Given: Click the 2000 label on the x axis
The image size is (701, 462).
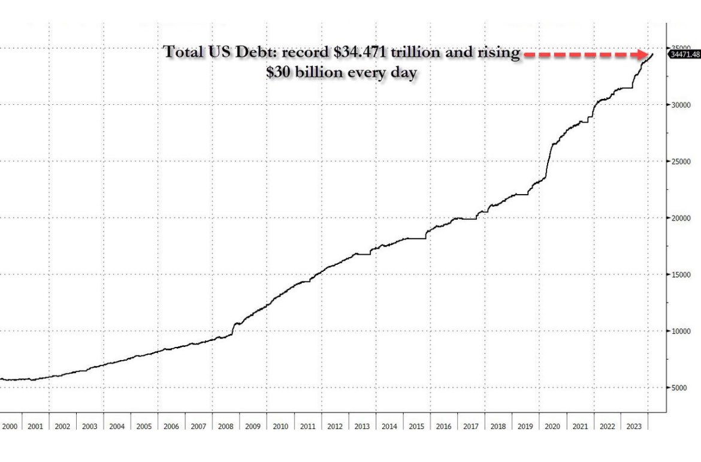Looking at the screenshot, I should [x=10, y=427].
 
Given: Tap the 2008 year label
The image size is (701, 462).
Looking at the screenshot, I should [x=226, y=427].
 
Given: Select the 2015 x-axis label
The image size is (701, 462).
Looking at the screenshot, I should [x=416, y=427].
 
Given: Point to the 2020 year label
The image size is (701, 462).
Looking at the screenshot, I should [x=552, y=427].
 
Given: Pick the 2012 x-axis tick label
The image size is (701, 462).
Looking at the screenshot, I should [x=335, y=427].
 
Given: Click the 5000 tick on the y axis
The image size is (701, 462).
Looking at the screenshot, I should [x=681, y=388].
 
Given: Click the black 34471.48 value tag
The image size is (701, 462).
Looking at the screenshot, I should [x=684, y=55].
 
